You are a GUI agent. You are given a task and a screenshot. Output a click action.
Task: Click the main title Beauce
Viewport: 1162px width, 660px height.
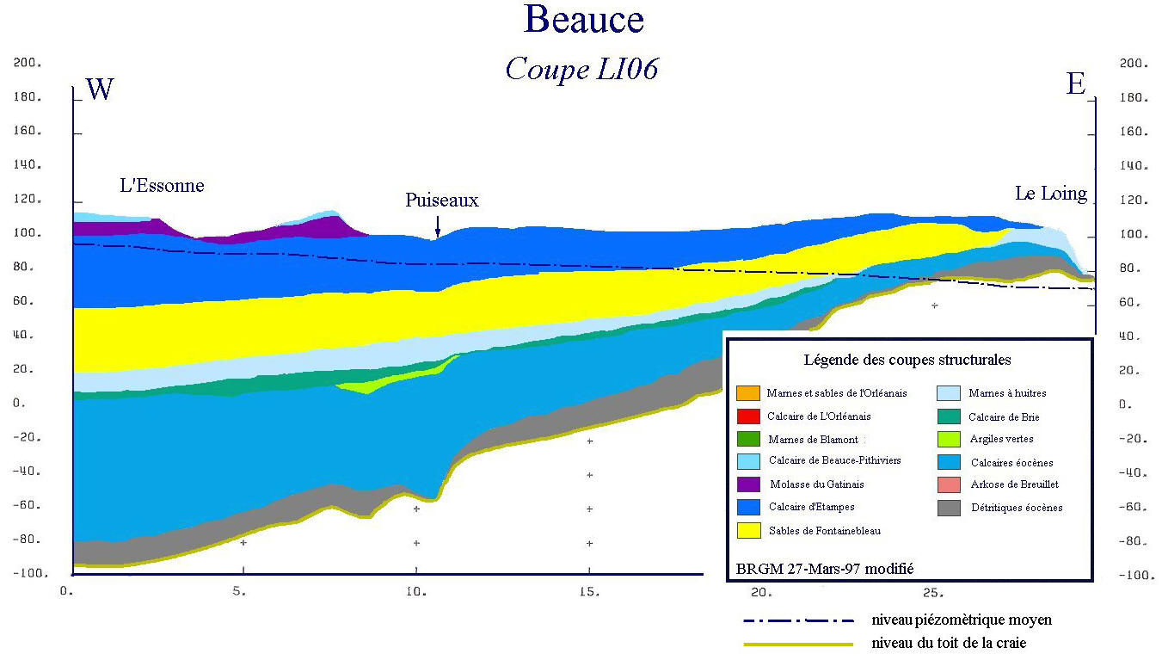click(583, 20)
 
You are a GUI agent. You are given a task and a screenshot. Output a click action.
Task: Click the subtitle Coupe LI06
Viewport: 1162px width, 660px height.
click(581, 69)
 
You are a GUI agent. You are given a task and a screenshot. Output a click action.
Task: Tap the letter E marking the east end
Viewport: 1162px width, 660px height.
click(1075, 84)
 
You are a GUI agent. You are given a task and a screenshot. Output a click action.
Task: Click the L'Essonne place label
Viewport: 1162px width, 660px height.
click(162, 185)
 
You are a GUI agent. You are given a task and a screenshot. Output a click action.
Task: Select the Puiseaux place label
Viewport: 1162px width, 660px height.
click(442, 200)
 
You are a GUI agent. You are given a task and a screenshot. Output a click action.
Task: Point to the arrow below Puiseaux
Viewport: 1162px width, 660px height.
click(437, 226)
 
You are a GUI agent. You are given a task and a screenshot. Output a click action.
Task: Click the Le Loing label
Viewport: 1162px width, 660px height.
click(1050, 194)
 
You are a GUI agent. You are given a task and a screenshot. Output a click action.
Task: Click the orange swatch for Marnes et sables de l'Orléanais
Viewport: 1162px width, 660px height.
click(747, 393)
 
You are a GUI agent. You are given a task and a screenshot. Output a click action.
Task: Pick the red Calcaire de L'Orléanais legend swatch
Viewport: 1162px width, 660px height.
click(747, 416)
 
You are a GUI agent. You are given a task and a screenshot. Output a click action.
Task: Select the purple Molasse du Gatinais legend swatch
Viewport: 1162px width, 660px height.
click(747, 484)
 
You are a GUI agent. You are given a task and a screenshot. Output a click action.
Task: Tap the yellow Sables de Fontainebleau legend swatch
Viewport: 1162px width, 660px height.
click(747, 530)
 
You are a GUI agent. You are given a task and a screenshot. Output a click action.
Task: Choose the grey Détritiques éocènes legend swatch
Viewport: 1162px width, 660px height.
click(948, 508)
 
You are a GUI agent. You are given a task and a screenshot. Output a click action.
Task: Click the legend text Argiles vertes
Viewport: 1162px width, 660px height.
click(1002, 440)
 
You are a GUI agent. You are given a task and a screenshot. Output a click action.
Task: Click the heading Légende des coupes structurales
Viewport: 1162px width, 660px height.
click(907, 360)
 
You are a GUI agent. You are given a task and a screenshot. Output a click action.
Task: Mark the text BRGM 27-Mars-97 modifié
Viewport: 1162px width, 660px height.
click(824, 569)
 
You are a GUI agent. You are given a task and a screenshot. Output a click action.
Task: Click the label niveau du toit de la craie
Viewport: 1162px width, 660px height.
click(949, 642)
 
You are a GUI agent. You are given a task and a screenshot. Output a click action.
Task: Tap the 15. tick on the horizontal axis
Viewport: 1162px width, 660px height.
click(590, 592)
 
